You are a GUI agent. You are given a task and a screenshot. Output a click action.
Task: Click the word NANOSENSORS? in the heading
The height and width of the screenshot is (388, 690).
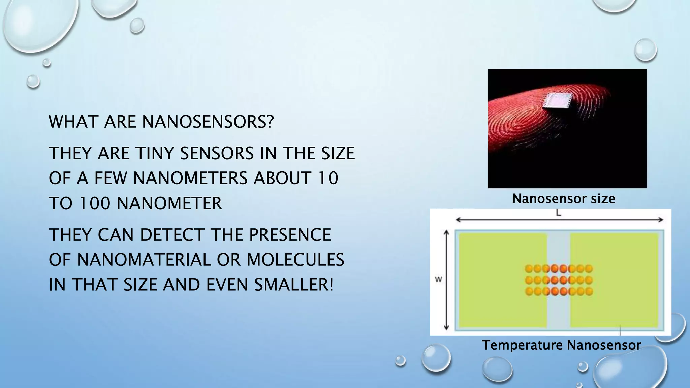tap(208, 122)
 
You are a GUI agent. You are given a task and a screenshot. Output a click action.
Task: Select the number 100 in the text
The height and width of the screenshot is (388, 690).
tap(95, 203)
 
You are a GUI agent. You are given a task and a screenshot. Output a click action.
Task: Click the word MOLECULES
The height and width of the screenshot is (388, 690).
tap(295, 260)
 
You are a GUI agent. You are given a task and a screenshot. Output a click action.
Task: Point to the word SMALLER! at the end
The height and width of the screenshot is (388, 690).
tap(293, 285)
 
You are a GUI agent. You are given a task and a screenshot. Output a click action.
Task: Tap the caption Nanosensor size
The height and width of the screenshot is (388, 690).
tap(564, 199)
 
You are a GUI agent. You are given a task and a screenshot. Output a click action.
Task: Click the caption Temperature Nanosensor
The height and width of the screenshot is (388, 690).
tap(561, 345)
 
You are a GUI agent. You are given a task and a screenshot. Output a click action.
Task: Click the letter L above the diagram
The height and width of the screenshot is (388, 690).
tap(558, 213)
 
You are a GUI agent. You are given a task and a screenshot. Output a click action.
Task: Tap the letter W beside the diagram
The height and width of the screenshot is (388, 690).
tap(438, 279)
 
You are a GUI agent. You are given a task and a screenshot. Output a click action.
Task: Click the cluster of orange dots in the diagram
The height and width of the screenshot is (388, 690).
tap(559, 280)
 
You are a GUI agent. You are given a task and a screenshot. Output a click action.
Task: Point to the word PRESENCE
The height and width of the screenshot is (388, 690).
tap(290, 235)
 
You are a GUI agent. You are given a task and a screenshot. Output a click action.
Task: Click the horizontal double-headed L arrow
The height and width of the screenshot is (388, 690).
tap(559, 220)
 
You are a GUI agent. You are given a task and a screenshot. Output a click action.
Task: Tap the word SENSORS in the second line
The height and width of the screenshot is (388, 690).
tap(217, 154)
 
